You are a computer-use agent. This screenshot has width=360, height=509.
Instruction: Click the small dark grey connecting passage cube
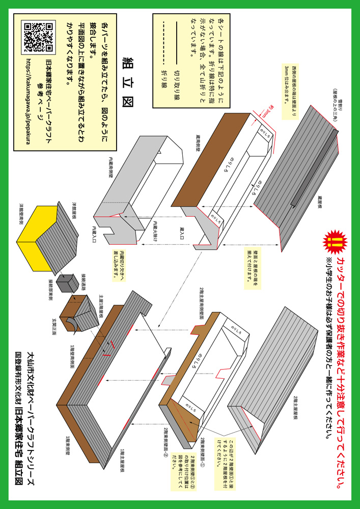[65, 282]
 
